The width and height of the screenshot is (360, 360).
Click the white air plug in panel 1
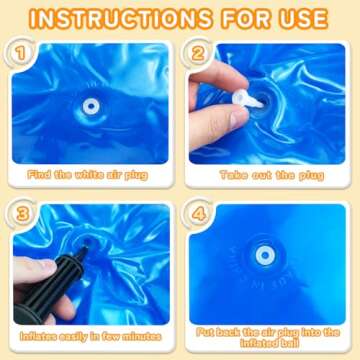[90, 105]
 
